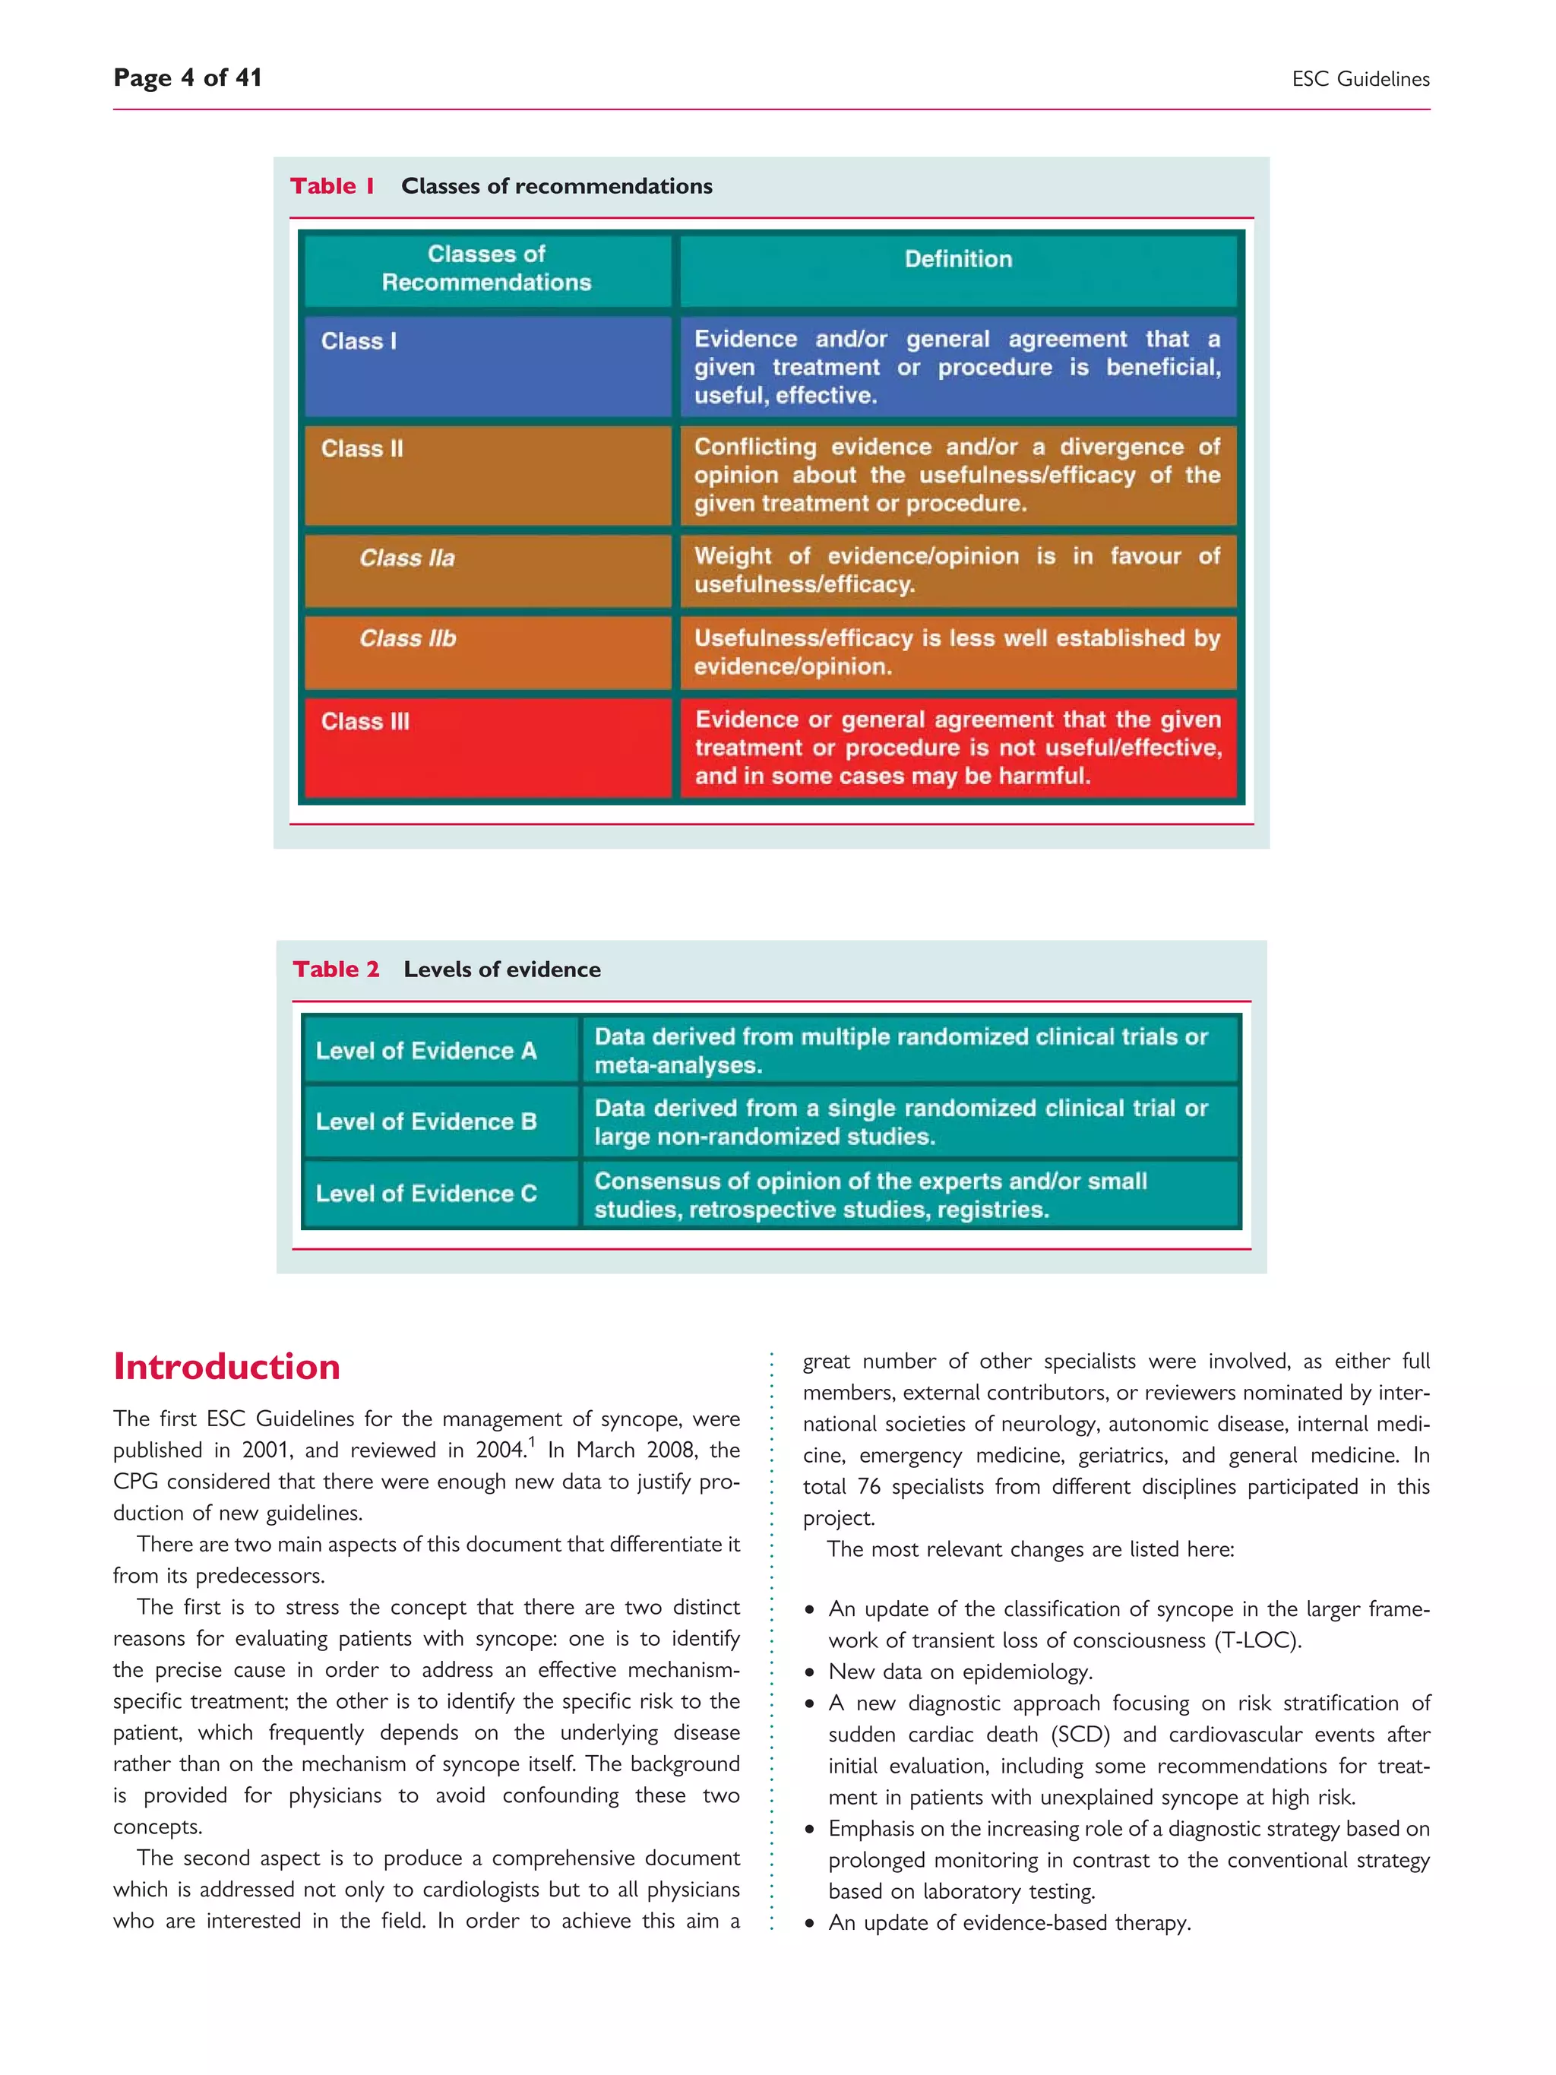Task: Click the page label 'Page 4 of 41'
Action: (187, 77)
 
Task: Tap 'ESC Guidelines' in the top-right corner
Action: (1360, 80)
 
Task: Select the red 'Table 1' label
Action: (332, 185)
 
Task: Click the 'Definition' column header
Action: (957, 260)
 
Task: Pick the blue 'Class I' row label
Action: (359, 341)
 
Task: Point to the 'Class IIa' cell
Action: (407, 558)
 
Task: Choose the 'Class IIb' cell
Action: (408, 639)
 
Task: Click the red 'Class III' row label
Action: (365, 721)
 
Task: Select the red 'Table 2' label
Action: (336, 969)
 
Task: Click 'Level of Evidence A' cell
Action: (425, 1051)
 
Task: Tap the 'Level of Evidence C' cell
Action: (425, 1193)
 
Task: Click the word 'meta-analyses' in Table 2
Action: (676, 1066)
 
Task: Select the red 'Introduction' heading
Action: (226, 1367)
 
